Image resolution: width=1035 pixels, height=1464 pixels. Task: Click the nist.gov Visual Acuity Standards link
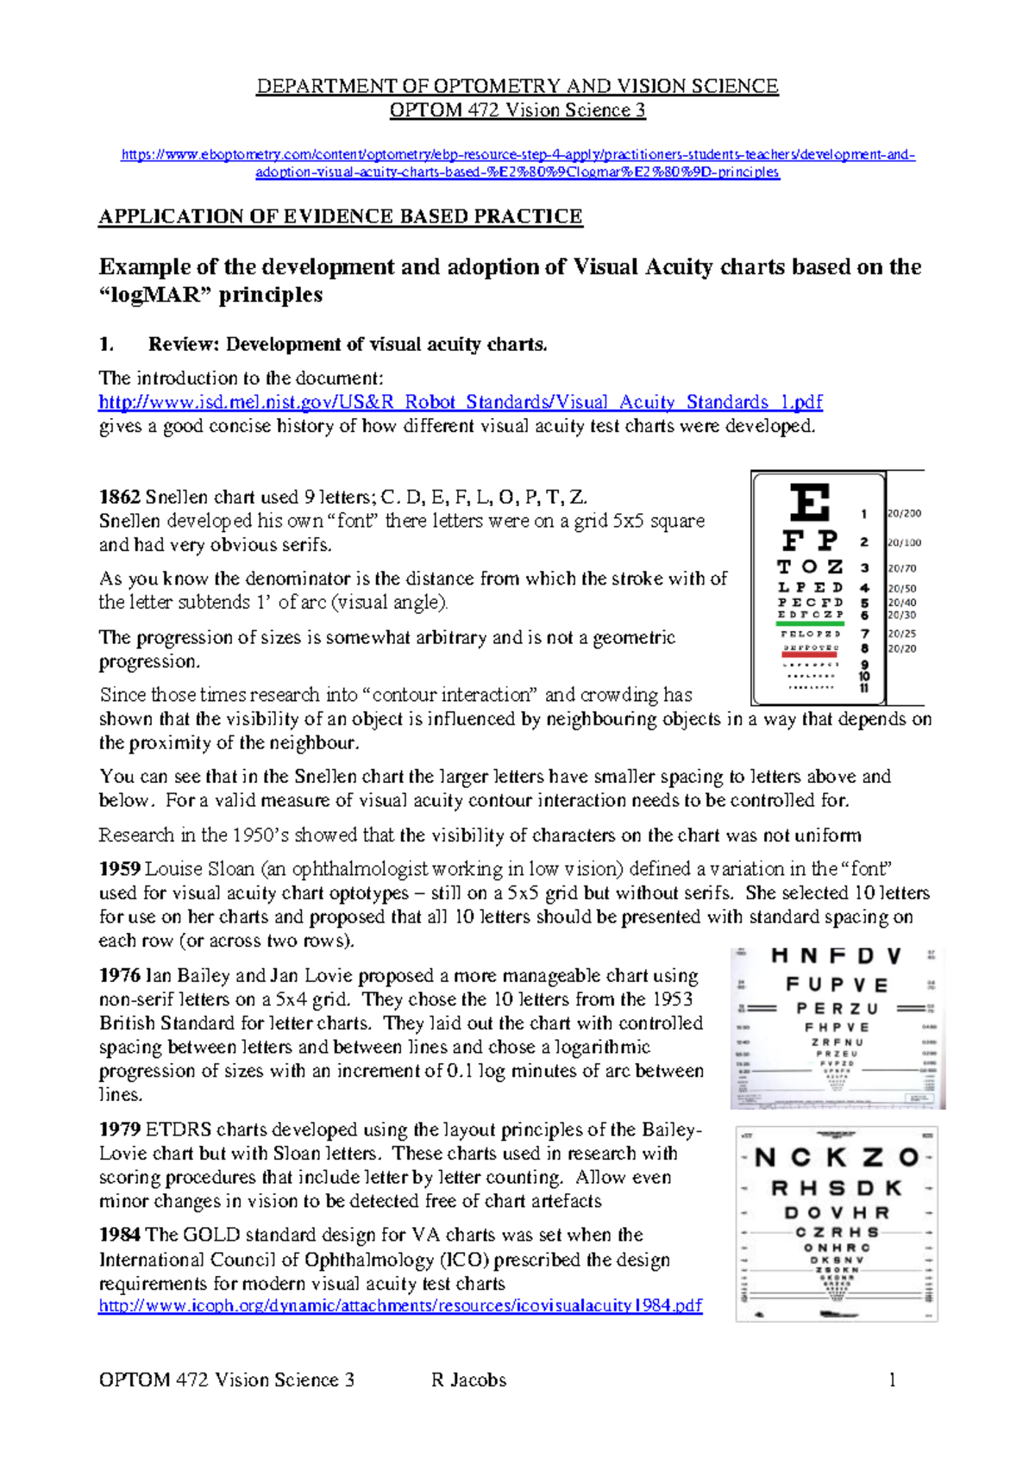point(461,403)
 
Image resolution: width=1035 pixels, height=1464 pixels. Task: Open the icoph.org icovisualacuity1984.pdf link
point(400,1306)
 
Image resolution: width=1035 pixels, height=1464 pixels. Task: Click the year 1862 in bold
point(119,497)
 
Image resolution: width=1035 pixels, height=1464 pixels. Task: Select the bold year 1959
point(119,869)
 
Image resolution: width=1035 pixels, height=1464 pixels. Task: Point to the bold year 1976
point(119,976)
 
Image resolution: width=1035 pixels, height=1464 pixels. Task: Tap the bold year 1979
point(119,1129)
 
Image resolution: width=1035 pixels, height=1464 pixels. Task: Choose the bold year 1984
point(119,1236)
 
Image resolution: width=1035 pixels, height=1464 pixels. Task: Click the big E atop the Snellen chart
point(810,503)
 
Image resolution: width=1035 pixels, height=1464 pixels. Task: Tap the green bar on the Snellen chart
point(810,623)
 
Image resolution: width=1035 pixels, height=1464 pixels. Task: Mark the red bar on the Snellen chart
point(810,655)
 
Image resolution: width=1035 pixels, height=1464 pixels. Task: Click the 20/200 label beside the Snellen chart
point(905,514)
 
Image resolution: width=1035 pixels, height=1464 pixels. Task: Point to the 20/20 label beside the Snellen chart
point(902,649)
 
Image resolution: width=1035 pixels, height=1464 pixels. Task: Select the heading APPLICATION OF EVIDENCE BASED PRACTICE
point(341,216)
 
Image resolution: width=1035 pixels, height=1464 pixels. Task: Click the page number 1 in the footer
point(892,1380)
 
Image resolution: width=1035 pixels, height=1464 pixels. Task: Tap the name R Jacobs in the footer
point(468,1380)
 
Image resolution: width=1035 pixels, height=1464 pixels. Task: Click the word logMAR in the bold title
point(169,295)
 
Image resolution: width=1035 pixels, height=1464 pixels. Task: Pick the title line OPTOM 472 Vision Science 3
point(517,110)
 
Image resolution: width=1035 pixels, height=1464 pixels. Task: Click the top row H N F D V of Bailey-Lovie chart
point(836,956)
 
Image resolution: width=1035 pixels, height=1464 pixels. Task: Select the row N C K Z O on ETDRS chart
point(837,1157)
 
